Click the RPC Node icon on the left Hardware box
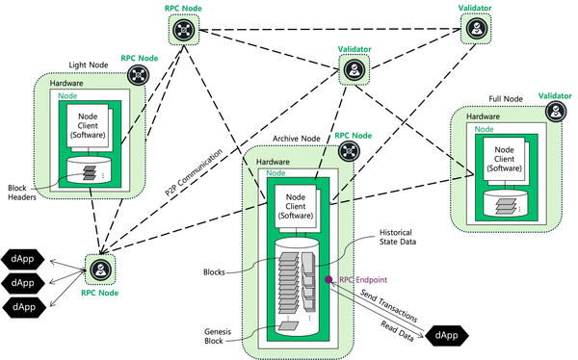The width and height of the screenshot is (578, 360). [x=143, y=75]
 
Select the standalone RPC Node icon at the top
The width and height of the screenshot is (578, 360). [x=184, y=29]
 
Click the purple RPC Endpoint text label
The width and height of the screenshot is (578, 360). [x=363, y=280]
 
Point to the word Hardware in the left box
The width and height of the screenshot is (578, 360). [x=66, y=85]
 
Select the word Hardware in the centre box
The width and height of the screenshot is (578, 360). [x=265, y=162]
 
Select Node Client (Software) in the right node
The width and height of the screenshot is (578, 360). [x=501, y=159]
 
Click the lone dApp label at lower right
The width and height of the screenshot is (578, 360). [x=446, y=335]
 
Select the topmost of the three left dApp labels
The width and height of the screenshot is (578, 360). [x=23, y=259]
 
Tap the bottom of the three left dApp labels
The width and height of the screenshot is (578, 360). [x=24, y=306]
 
